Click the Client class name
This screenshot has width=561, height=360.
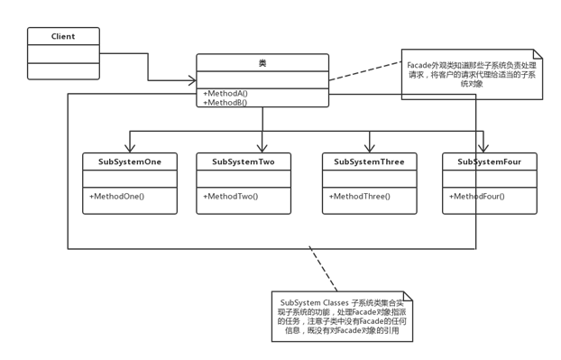[62, 37]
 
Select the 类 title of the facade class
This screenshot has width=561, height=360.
[262, 64]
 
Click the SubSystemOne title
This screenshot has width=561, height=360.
[131, 162]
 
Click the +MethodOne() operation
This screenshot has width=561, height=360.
[117, 196]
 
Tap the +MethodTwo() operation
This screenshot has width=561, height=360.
[232, 196]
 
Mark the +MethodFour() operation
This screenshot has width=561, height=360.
[477, 196]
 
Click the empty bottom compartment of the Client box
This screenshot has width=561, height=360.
[62, 69]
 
